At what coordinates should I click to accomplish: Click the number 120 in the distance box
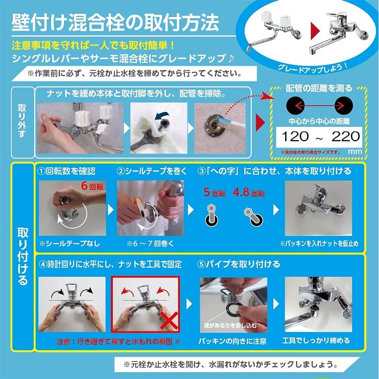(x=295, y=136)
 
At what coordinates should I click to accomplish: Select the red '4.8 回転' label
(x=249, y=192)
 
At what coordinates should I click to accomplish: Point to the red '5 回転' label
(x=214, y=192)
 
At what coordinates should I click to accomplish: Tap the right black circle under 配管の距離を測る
(x=344, y=105)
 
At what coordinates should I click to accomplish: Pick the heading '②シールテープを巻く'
(x=152, y=171)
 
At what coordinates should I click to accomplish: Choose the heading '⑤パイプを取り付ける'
(x=239, y=264)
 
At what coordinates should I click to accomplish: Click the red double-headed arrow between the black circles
(x=318, y=105)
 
